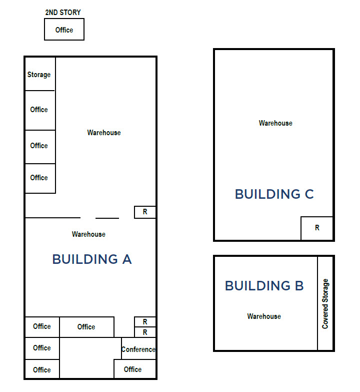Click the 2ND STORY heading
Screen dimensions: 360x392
[63, 13]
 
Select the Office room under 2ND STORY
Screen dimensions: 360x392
[64, 29]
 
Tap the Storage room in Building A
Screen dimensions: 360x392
[40, 74]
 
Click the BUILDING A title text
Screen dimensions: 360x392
[92, 259]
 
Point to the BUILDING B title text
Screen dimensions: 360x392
[264, 285]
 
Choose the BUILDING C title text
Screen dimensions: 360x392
[274, 194]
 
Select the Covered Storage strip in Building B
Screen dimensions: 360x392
[325, 303]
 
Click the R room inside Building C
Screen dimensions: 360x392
[317, 228]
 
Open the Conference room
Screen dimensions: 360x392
[138, 348]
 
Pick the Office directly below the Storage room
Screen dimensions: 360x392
[40, 110]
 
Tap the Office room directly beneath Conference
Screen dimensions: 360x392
[135, 369]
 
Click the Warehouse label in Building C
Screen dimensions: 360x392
[275, 123]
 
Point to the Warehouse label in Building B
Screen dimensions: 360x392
[264, 316]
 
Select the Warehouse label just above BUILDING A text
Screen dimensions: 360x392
[88, 234]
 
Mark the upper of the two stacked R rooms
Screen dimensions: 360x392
[145, 322]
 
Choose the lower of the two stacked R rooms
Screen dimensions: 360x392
[145, 332]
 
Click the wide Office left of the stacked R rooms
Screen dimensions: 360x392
[87, 327]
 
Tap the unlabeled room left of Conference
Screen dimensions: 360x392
[90, 358]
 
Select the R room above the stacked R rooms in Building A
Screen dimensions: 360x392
[145, 212]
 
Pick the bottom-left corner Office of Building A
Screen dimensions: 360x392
[42, 369]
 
